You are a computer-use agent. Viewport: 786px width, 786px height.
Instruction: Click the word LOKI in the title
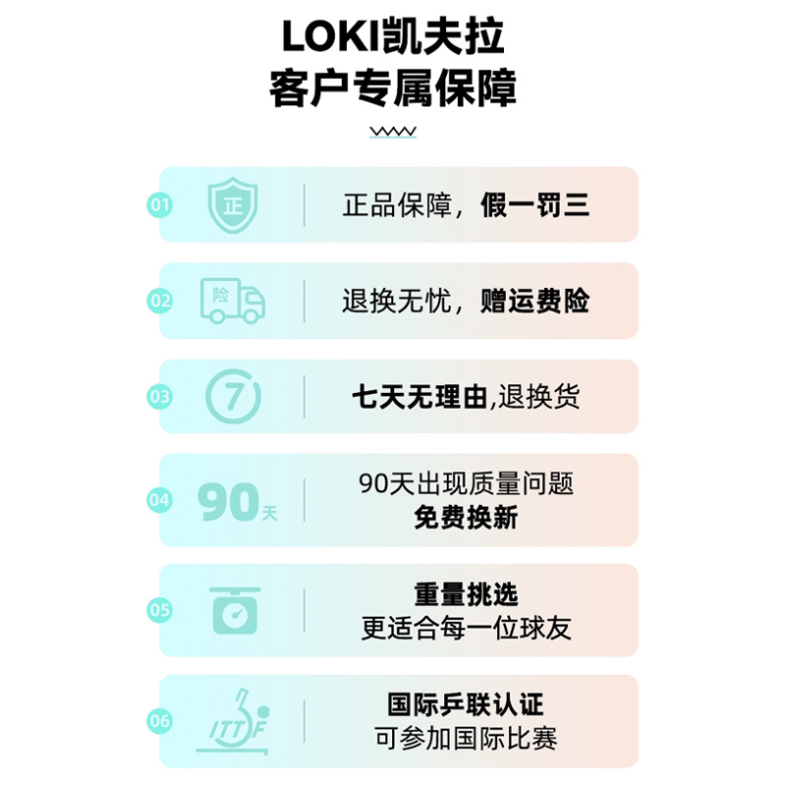[331, 36]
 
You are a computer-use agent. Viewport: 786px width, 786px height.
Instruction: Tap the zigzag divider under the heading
[393, 132]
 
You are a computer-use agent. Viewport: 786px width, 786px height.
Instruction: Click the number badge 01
[160, 205]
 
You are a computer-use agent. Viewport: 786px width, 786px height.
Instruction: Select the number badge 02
[160, 301]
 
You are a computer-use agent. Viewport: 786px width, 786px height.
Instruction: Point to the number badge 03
[160, 397]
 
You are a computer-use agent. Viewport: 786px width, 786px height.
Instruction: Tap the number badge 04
[160, 500]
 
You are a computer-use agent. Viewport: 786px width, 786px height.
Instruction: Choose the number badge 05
[160, 610]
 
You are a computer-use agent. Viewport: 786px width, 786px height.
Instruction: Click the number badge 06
[160, 721]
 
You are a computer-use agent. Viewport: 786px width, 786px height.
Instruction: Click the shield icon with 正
[233, 205]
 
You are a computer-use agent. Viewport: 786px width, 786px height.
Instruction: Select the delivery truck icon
[233, 301]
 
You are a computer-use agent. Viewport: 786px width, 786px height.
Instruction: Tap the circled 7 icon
[234, 397]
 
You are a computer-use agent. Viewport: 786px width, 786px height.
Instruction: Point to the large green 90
[228, 501]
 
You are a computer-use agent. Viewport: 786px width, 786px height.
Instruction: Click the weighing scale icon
[235, 610]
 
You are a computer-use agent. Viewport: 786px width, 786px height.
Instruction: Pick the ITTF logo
[234, 721]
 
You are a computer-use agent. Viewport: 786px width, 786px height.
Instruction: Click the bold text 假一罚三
[534, 205]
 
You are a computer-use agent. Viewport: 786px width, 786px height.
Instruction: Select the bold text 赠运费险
[534, 301]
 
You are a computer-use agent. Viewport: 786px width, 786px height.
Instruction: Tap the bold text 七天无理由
[420, 397]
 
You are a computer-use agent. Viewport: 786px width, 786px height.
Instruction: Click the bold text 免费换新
[466, 518]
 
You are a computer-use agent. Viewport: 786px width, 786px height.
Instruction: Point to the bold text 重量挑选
[466, 594]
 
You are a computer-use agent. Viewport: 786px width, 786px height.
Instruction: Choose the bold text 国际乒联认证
[466, 704]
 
